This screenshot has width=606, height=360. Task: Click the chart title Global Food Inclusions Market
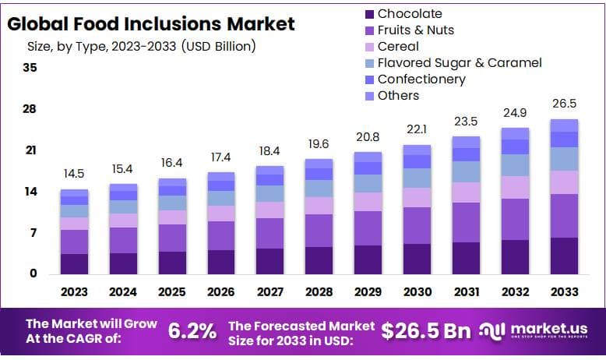tap(151, 23)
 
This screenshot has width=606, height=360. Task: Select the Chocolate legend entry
tap(409, 13)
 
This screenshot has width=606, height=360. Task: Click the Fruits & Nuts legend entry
tap(415, 30)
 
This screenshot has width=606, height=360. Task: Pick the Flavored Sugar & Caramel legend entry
tap(459, 62)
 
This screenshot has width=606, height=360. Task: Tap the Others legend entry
tap(398, 95)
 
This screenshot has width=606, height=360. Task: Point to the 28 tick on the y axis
tap(30, 108)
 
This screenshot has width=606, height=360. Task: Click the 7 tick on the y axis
tap(33, 232)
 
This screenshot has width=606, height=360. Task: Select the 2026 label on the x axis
tap(221, 292)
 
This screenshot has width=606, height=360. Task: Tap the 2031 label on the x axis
tap(466, 292)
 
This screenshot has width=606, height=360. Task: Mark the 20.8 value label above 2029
tap(368, 137)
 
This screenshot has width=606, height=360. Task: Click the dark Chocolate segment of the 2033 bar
tap(564, 256)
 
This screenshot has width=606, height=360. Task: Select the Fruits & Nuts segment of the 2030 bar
tap(418, 225)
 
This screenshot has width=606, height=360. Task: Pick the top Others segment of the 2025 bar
tap(172, 182)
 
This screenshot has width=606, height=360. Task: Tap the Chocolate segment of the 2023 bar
tap(75, 263)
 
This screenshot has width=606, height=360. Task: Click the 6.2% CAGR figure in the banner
tap(192, 330)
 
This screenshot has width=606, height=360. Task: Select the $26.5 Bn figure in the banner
tap(426, 330)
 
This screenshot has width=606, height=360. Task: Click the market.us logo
tap(537, 330)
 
